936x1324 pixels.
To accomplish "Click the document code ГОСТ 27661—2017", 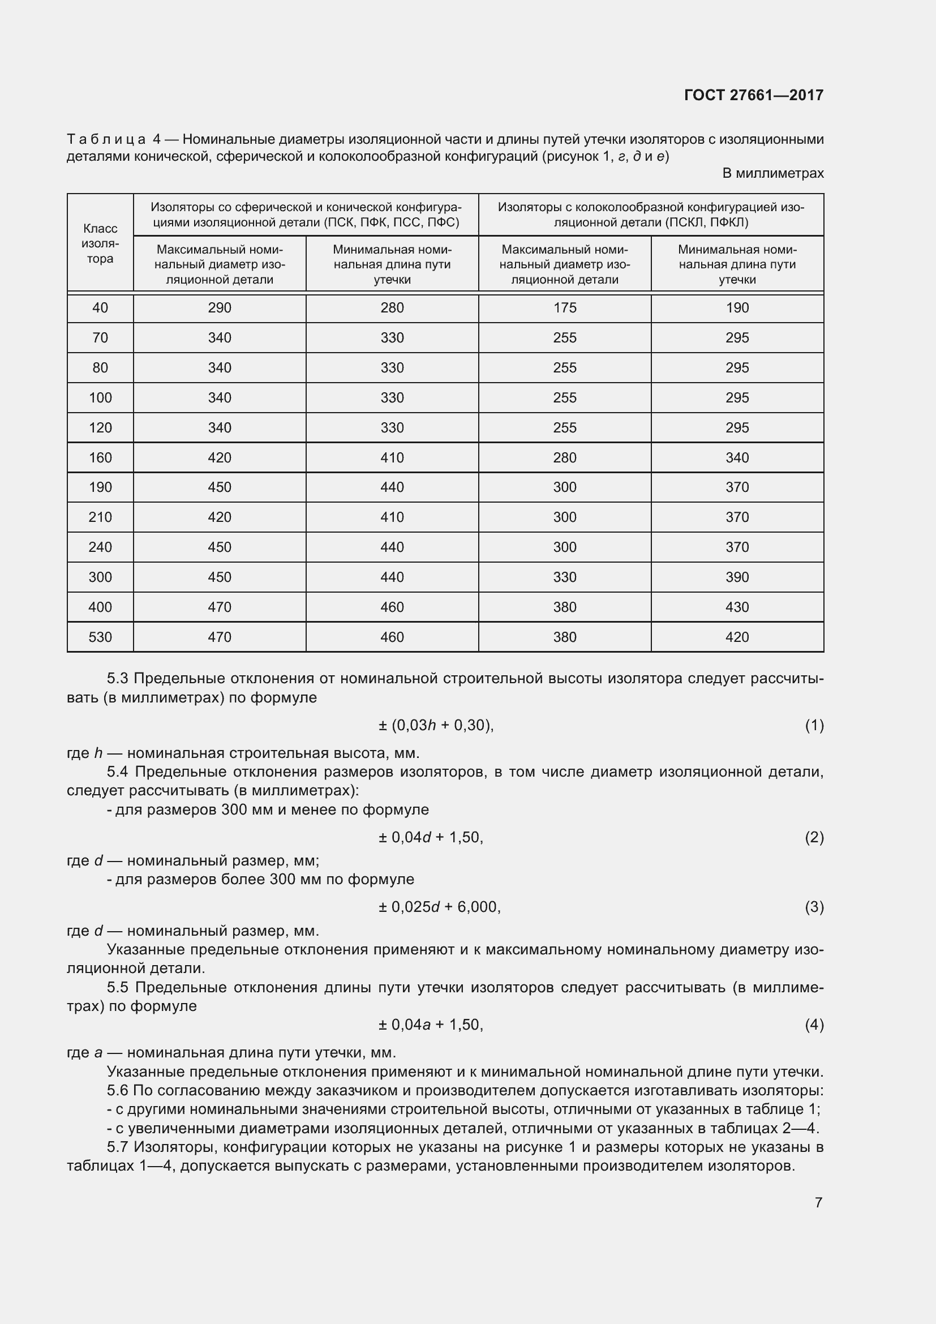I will coord(753,95).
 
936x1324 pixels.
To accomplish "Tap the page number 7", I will coord(818,1202).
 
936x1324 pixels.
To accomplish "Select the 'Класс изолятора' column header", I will coord(100,243).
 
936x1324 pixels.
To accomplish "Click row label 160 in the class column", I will coord(100,457).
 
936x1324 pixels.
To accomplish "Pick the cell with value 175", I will coord(564,308).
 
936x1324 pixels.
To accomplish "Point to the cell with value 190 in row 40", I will coord(737,308).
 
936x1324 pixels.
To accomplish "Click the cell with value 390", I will coord(737,577).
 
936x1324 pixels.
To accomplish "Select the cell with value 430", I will coord(737,607).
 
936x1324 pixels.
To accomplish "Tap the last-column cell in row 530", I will coord(737,637).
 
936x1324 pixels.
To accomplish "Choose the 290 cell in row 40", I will coord(219,308).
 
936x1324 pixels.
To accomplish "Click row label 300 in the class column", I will coord(100,577).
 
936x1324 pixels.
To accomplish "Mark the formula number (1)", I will coord(814,726).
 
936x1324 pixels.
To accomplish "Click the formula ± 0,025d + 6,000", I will coord(439,907).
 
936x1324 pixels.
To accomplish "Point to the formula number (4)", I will coord(814,1025).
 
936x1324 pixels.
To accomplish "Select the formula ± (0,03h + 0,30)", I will coord(436,726).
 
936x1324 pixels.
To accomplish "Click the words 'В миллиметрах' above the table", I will coord(772,173).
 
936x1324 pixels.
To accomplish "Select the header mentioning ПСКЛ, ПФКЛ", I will coord(651,215).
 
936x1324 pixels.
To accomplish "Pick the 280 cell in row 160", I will coord(564,457).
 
